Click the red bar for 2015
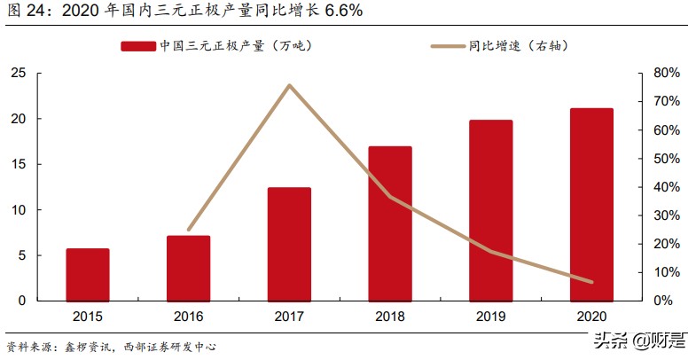[88, 275]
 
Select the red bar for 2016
[189, 269]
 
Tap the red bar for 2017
[289, 245]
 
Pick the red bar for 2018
[390, 223]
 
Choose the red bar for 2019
[491, 211]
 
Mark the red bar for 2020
[591, 205]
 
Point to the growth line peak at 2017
[289, 85]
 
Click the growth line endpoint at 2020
[591, 282]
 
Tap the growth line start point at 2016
[189, 230]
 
